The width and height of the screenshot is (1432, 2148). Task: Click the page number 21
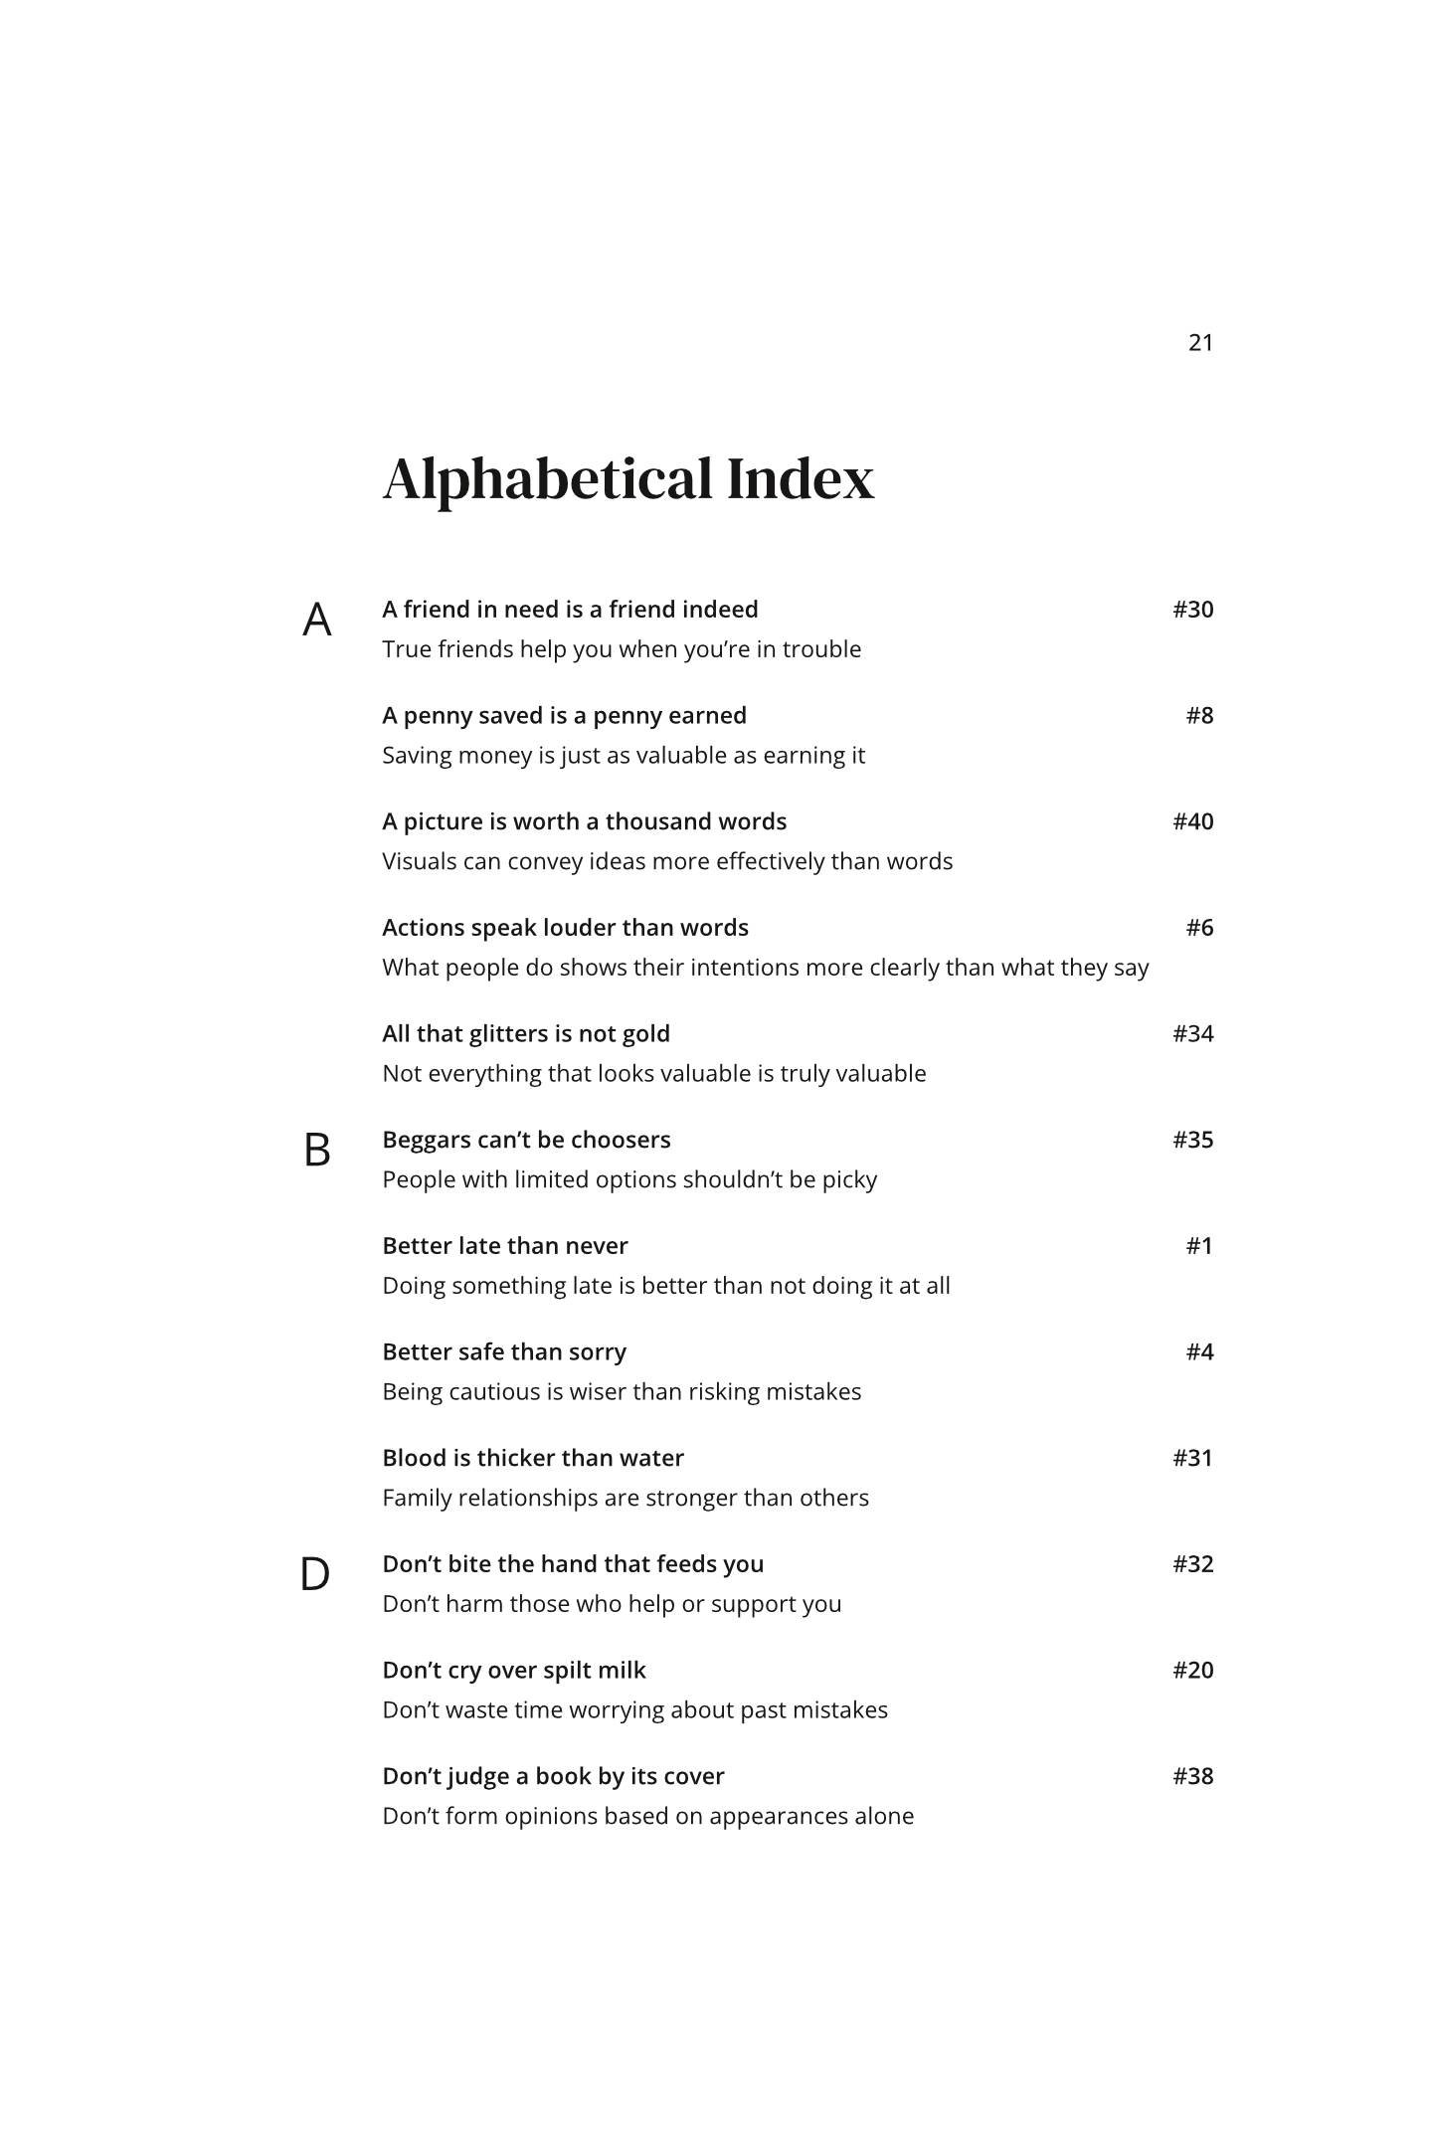[x=1200, y=343]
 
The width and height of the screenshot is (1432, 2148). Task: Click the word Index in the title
[x=801, y=479]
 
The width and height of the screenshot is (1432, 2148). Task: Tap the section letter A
[x=316, y=621]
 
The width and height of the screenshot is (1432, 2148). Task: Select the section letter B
[x=316, y=1151]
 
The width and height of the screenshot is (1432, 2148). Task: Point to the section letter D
[x=315, y=1575]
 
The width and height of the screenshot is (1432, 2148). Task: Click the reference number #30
[x=1192, y=610]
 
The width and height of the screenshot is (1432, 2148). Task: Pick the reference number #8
[x=1199, y=716]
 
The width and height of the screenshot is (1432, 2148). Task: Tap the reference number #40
[x=1192, y=821]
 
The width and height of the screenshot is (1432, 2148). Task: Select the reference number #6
[x=1199, y=928]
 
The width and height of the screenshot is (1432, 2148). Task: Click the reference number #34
[x=1192, y=1034]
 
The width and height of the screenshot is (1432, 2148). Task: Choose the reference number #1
[x=1199, y=1246]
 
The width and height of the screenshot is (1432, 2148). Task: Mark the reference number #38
[x=1192, y=1776]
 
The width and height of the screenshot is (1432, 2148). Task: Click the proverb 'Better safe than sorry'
[x=504, y=1352]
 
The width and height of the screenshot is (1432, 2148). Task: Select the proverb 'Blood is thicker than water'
[x=533, y=1458]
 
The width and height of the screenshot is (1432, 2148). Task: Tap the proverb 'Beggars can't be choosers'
[x=526, y=1140]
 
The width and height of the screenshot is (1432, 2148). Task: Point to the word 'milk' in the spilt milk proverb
[x=623, y=1671]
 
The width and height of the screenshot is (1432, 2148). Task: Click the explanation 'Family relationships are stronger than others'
[x=626, y=1498]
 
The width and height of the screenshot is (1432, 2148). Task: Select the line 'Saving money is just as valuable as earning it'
[x=624, y=756]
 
